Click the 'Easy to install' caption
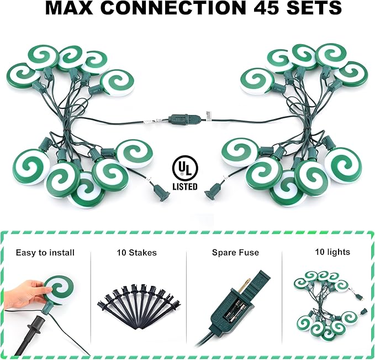45,253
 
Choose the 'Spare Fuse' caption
235,253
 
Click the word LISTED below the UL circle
184,187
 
